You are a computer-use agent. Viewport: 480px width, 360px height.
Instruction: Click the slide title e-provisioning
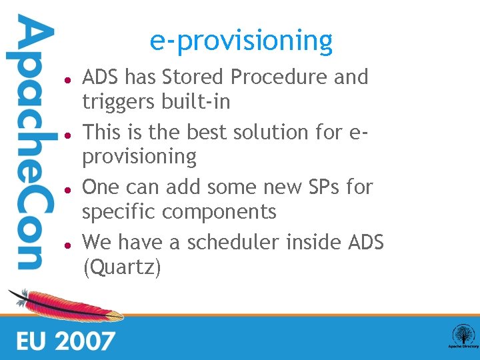tap(241, 41)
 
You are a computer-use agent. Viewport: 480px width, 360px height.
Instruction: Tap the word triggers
tap(119, 103)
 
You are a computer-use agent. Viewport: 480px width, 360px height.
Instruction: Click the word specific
tap(119, 213)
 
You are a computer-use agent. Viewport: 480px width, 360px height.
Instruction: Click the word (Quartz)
tap(121, 267)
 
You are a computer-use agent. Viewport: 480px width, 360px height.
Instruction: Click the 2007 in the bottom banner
tap(85, 341)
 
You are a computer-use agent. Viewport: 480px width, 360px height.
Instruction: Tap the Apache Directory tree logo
tap(462, 335)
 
